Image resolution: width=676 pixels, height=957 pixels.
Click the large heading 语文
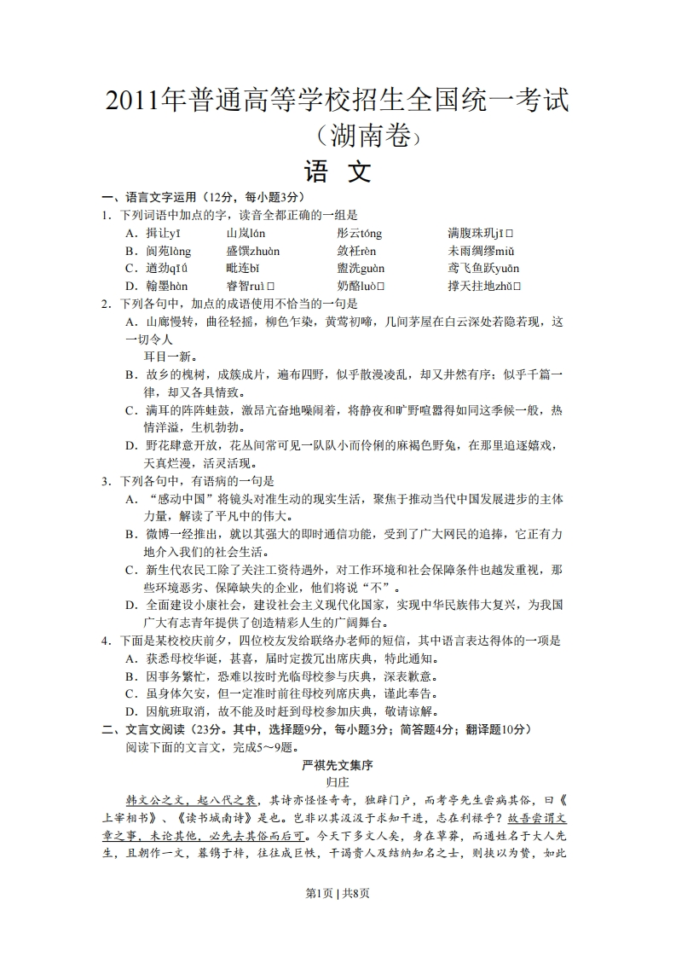tap(338, 172)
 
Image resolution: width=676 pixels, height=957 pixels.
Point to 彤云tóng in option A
tap(359, 233)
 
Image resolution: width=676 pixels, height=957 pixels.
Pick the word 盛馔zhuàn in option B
tap(252, 251)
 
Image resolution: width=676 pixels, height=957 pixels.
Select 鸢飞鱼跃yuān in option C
tap(483, 269)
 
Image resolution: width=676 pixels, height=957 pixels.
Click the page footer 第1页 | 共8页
tap(338, 917)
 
